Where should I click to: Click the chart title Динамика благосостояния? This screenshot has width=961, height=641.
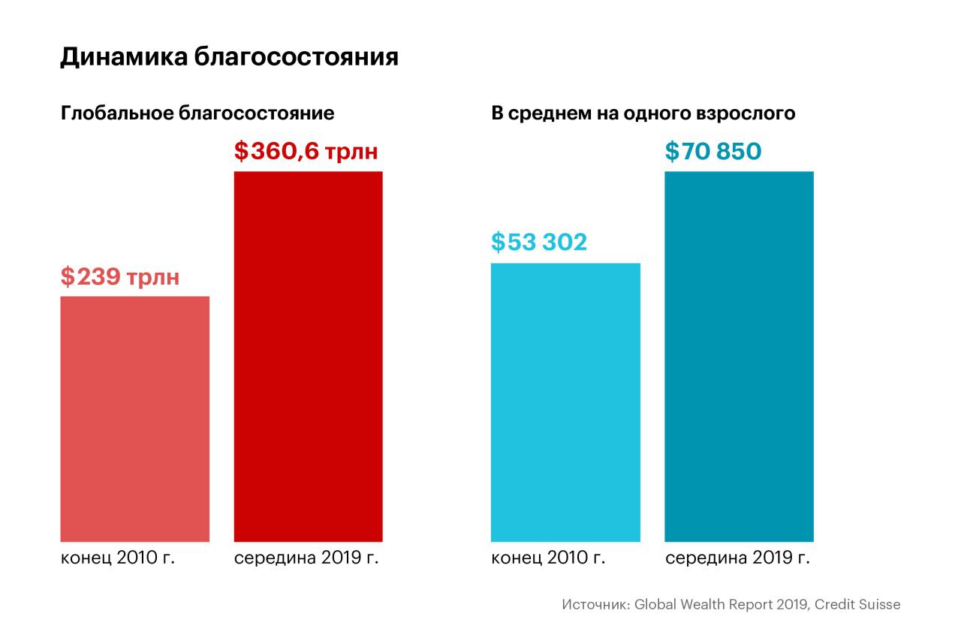(229, 58)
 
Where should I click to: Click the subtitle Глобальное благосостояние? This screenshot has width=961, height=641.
(197, 113)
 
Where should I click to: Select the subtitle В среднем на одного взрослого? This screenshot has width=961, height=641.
(643, 113)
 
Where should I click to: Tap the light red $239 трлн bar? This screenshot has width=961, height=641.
(134, 419)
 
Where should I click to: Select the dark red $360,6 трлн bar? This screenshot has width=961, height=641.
(309, 356)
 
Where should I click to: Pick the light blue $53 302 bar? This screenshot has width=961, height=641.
(565, 402)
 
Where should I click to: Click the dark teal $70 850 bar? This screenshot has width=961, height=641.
(740, 356)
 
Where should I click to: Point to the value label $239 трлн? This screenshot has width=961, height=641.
(120, 277)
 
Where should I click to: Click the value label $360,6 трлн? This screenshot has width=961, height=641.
(306, 152)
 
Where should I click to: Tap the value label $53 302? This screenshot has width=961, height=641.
(539, 243)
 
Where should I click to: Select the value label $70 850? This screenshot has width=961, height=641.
(713, 152)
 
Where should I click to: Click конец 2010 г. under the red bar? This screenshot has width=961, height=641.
(118, 558)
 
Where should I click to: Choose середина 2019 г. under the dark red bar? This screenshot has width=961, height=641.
(306, 558)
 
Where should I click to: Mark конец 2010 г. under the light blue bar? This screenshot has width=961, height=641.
(548, 558)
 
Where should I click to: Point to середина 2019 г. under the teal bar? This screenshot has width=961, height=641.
(737, 558)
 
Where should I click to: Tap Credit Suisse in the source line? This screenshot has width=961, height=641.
(857, 604)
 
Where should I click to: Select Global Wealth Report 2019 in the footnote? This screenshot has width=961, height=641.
(722, 604)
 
